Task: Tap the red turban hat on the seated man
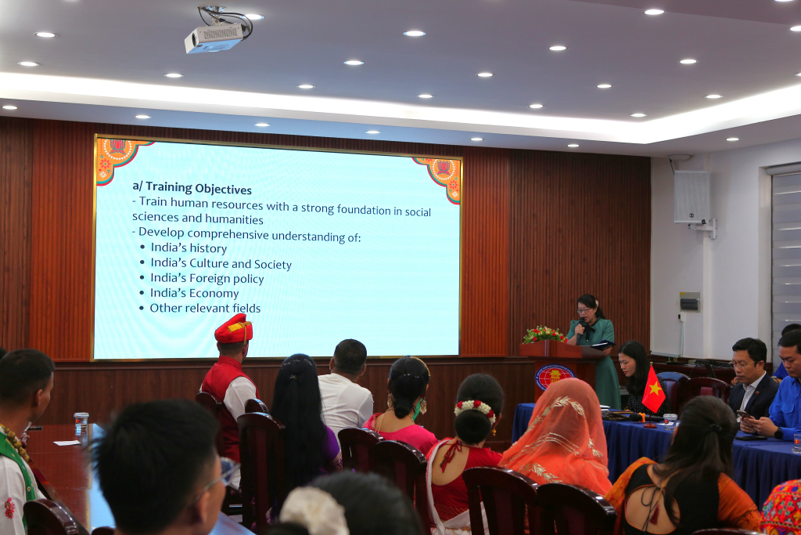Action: click(233, 329)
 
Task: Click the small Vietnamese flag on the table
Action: click(653, 390)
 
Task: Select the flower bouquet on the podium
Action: click(544, 335)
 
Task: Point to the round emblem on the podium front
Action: click(554, 376)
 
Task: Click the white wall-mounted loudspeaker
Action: click(691, 197)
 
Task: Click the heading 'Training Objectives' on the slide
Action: click(199, 189)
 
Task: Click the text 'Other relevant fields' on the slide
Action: click(205, 308)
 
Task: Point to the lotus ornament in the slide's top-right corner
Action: click(442, 176)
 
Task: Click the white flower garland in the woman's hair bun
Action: click(476, 409)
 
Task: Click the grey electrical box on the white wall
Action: click(690, 302)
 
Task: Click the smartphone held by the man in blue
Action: click(743, 414)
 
